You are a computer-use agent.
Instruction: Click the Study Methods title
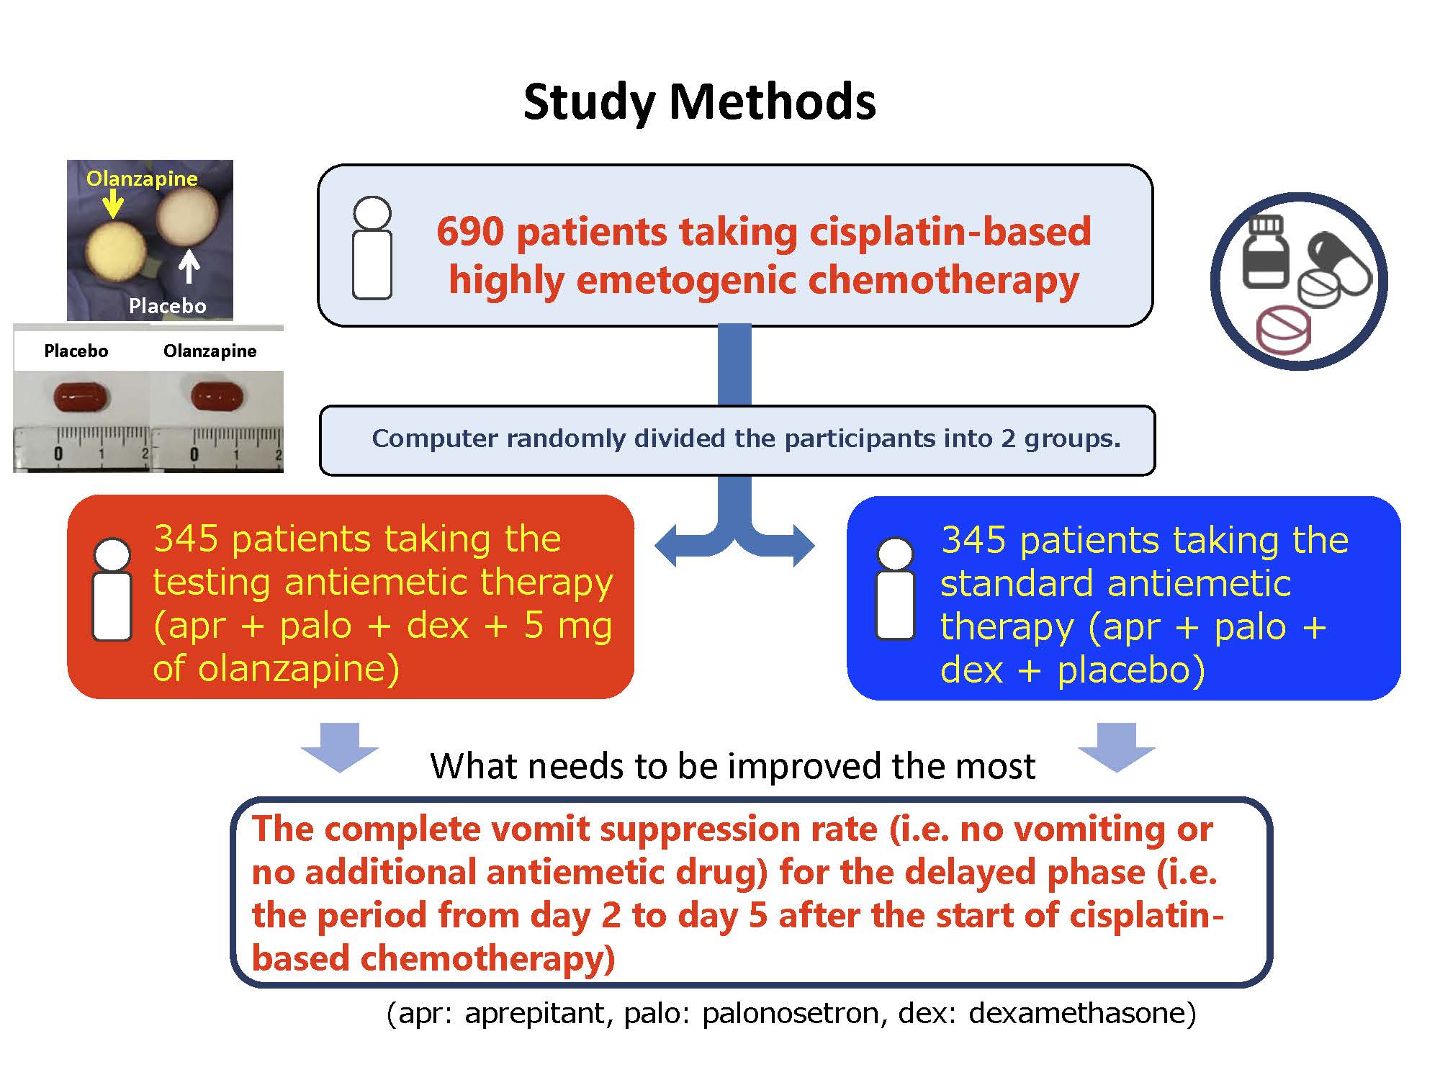click(699, 102)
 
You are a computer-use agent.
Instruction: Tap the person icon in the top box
click(372, 248)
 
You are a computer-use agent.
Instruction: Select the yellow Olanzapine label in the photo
click(142, 179)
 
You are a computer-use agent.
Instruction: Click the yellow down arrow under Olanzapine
click(112, 203)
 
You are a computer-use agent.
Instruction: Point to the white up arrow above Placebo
click(189, 266)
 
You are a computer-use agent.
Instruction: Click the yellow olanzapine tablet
click(116, 253)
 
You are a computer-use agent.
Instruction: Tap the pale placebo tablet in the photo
click(187, 215)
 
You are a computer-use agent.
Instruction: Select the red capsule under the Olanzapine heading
click(217, 396)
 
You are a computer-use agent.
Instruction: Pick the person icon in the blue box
click(895, 589)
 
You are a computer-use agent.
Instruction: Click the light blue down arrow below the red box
click(339, 747)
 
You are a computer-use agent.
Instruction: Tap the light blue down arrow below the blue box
click(1116, 747)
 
